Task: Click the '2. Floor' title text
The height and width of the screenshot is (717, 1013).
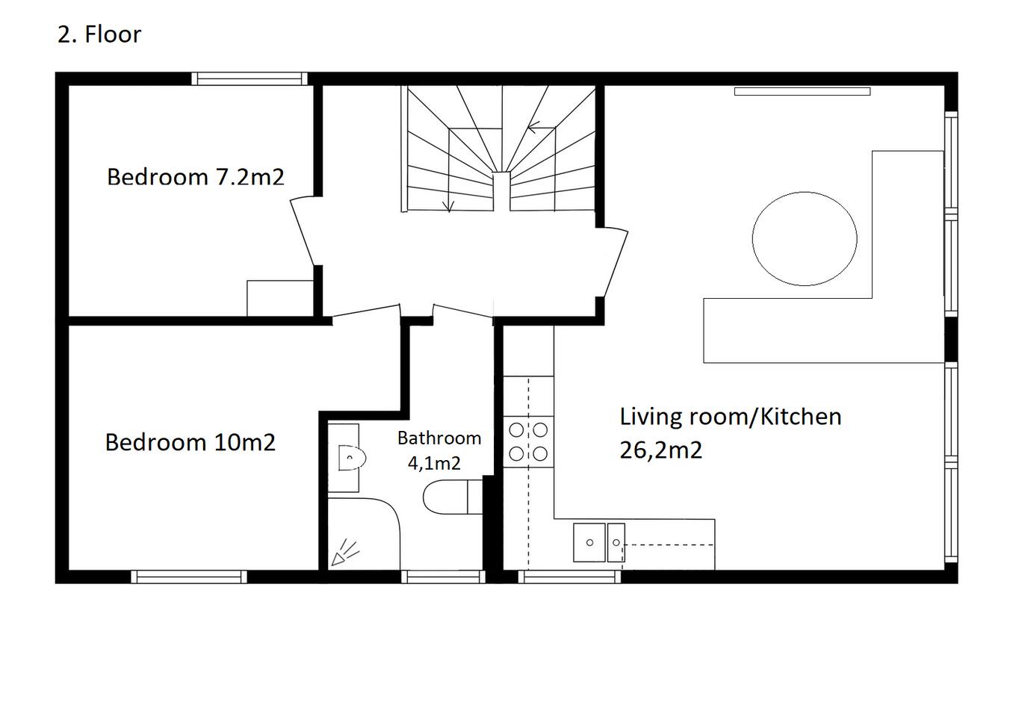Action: tap(99, 34)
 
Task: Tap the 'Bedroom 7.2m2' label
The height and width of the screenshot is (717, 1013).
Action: tap(196, 177)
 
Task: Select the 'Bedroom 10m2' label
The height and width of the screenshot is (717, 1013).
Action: tap(190, 442)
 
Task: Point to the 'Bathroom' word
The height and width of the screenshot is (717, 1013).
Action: tap(439, 438)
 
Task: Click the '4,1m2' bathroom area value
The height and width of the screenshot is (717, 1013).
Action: tap(434, 463)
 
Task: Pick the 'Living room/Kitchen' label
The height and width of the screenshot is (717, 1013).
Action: tap(731, 417)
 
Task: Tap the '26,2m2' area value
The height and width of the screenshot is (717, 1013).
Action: tap(660, 450)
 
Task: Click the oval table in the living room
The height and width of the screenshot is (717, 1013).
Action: tap(805, 239)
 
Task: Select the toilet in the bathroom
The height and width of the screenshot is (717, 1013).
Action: tap(453, 497)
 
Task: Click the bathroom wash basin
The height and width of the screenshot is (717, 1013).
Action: tap(352, 458)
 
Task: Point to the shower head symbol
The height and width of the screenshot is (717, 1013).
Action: tap(344, 553)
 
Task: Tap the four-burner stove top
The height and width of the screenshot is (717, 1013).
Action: tap(528, 441)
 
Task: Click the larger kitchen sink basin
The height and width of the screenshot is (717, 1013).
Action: tap(589, 542)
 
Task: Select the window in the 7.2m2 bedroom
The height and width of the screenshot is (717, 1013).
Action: tap(250, 78)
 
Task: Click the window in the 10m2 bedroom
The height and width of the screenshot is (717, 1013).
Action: tap(189, 577)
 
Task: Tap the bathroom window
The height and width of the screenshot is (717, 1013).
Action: tap(443, 577)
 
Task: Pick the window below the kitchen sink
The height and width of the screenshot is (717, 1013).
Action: tap(569, 577)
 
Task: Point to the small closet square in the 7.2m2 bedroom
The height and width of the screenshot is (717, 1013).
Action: tap(280, 298)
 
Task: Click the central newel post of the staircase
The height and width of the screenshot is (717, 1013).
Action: tap(501, 191)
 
